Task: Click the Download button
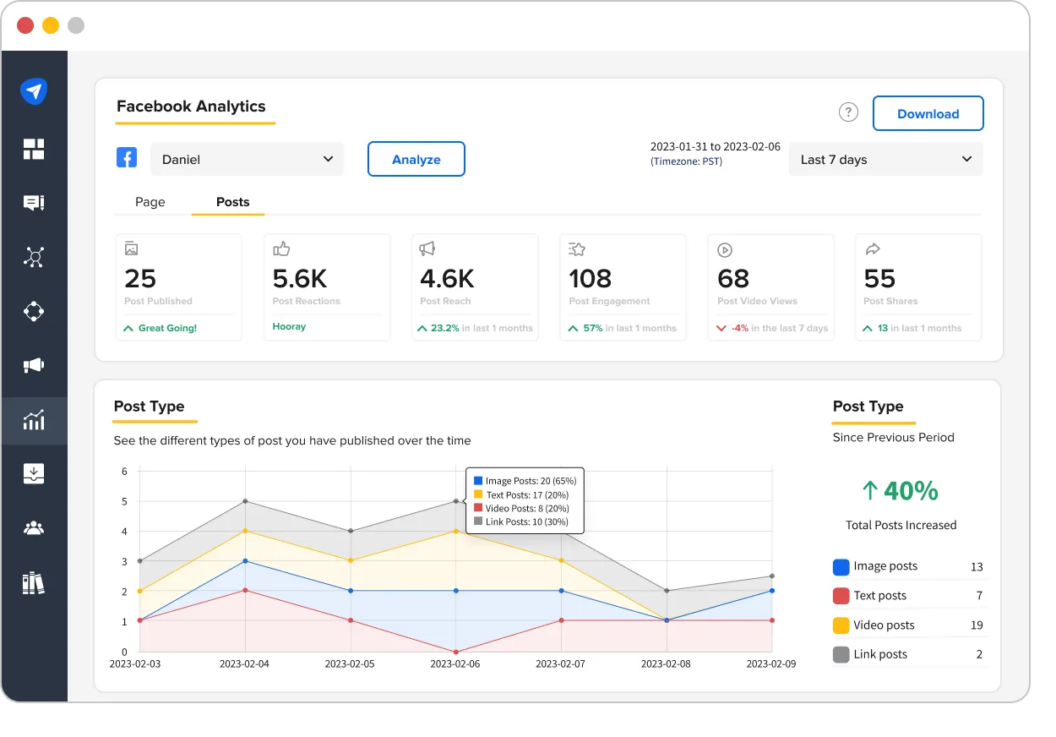click(928, 114)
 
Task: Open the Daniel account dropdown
click(247, 159)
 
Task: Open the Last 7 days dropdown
click(885, 160)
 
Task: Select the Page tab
click(150, 202)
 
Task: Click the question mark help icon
click(848, 112)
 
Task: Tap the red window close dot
click(25, 25)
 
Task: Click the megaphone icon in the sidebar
click(34, 365)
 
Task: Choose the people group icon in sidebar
click(34, 528)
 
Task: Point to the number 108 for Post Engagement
click(590, 278)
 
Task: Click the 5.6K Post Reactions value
click(300, 278)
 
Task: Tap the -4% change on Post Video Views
click(739, 328)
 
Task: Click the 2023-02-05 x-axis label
click(350, 664)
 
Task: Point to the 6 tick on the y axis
click(124, 471)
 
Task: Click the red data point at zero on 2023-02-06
click(456, 652)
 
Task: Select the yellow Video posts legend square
click(841, 625)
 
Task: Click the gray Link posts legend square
click(841, 654)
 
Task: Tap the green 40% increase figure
click(901, 490)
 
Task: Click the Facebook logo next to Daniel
click(127, 158)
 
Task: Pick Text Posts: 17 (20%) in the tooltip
click(526, 494)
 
